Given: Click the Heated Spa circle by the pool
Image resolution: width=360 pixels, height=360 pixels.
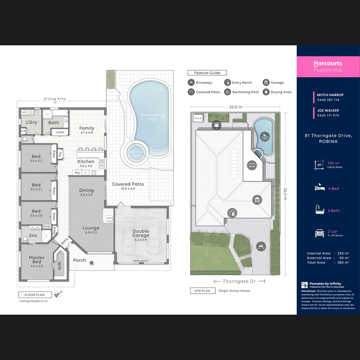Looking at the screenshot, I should point(136,154).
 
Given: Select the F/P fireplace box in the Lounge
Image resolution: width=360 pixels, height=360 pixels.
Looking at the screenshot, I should point(109,218).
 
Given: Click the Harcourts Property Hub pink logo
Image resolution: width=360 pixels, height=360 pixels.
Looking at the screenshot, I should point(328,66).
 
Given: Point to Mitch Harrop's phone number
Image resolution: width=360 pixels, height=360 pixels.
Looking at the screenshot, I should point(328,100).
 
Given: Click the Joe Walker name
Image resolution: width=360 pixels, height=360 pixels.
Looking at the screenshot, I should point(328,110).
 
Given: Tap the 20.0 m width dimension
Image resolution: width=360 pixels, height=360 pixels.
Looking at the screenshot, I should point(235,107).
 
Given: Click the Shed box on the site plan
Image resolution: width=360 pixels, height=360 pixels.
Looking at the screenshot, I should point(198,118).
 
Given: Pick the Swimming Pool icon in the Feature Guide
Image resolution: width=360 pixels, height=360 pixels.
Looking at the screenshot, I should point(227,92).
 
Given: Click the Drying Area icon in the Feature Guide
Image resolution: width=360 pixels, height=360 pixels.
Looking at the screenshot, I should point(266,92).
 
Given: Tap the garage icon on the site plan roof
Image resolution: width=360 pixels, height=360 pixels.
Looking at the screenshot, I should point(257,200).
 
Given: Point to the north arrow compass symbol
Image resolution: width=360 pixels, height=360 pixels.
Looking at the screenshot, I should point(58,294).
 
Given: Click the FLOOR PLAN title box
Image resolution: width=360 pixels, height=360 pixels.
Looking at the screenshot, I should point(35,295).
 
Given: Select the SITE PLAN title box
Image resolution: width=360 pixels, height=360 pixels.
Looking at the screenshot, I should point(203,291).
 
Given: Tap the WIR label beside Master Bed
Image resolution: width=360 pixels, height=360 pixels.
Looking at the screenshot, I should point(59,266).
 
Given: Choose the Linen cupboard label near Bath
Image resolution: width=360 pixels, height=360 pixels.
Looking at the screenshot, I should point(60,132).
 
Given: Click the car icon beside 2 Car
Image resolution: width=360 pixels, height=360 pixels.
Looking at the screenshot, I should point(319,233).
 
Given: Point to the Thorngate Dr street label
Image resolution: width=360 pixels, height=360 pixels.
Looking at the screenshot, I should point(239,281).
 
